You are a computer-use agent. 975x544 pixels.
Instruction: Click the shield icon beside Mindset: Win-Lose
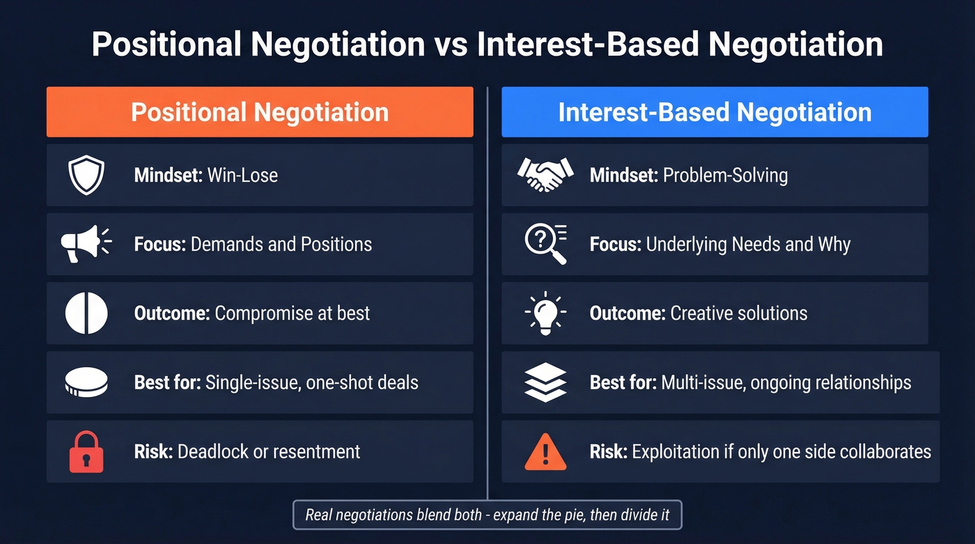pos(86,175)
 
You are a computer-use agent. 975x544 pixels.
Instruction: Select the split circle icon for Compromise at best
pos(86,313)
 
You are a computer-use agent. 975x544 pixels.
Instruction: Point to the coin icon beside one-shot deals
pos(86,382)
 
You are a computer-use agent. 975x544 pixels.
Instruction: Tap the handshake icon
pos(545,175)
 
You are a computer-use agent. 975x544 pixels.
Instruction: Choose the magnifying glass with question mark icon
pos(545,244)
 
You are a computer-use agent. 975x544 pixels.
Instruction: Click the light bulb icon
pos(545,313)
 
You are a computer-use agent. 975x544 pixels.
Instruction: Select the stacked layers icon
pos(545,382)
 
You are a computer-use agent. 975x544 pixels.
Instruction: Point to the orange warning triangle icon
pos(545,453)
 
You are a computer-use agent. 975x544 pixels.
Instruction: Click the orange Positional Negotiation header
pos(260,112)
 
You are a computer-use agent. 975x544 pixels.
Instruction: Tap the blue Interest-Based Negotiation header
pos(715,112)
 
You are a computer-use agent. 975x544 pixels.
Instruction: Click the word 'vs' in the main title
pos(451,45)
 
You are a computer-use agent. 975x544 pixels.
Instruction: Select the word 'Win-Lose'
pos(242,175)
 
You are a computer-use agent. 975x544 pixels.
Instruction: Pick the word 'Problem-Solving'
pos(725,175)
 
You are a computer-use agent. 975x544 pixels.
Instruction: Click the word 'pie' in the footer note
pos(572,515)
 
